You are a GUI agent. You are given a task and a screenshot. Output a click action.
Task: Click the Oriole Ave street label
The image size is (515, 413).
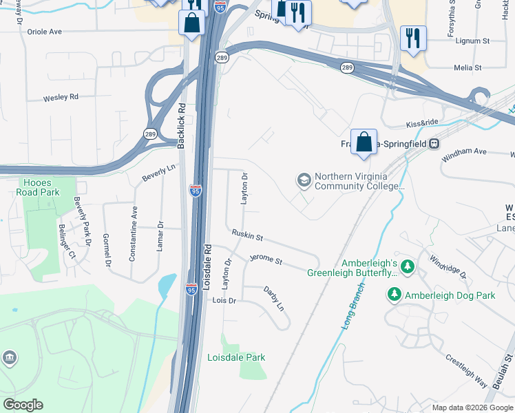click(44, 32)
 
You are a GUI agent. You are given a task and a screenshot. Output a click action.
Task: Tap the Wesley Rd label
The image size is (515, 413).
click(61, 97)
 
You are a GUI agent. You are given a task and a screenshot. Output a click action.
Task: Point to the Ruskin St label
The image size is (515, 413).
click(247, 236)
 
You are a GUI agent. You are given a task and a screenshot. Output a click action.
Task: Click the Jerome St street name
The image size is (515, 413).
click(266, 260)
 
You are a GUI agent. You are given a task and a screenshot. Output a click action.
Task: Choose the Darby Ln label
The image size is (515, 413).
click(273, 298)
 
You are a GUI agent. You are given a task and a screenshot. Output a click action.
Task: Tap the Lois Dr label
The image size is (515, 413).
click(224, 301)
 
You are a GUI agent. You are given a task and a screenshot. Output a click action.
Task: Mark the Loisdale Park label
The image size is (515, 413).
click(236, 357)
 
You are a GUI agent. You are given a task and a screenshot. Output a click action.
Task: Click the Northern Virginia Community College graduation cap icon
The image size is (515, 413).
click(304, 180)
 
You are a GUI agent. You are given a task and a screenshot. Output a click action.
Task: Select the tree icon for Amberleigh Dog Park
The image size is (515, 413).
click(395, 295)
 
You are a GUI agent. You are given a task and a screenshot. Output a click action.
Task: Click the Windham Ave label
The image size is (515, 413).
click(464, 151)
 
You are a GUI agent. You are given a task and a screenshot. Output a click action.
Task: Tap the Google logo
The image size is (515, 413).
click(23, 405)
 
